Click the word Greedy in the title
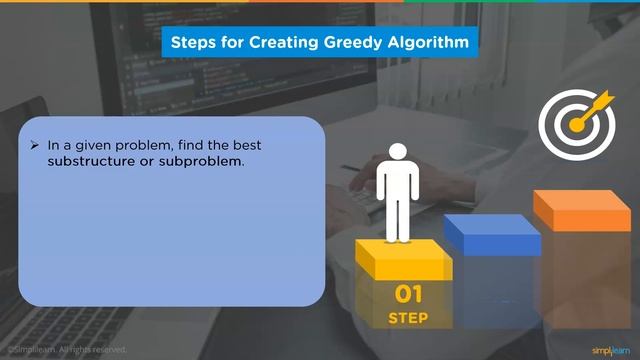click(352, 43)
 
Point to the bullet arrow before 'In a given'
click(35, 145)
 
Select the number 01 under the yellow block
click(408, 295)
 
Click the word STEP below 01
click(408, 319)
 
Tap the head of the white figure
click(399, 152)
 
